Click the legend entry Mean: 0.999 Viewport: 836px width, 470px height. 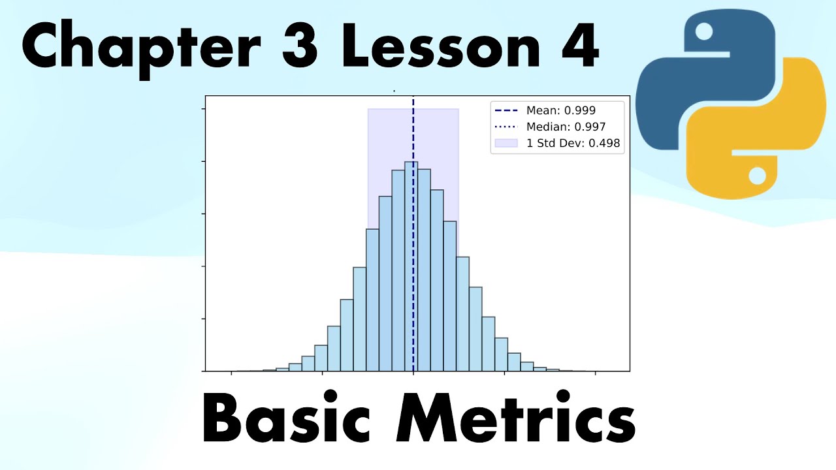pyautogui.click(x=560, y=111)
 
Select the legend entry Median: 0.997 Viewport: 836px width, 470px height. pyautogui.click(x=566, y=127)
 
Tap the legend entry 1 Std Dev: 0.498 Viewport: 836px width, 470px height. pyautogui.click(x=573, y=143)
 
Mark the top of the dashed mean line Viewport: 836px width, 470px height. pyautogui.click(x=413, y=99)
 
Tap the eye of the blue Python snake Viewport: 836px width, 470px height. pyautogui.click(x=704, y=31)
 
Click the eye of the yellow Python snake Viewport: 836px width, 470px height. pyautogui.click(x=757, y=175)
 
